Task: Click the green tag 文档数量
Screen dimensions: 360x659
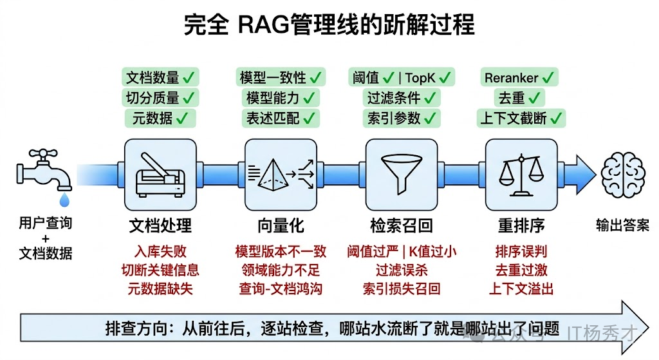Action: (160, 78)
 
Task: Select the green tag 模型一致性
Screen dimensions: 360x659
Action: (280, 78)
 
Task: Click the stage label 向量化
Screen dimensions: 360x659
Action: (281, 225)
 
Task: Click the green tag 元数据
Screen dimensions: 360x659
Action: (160, 118)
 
